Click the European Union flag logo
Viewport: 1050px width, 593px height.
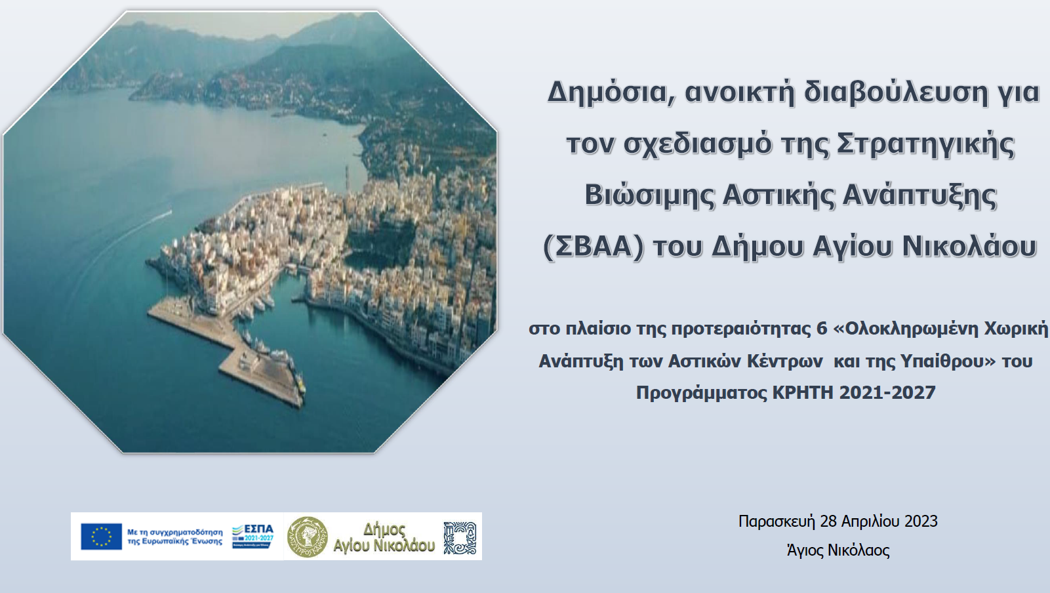(101, 536)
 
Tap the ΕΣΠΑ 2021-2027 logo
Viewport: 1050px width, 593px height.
(252, 535)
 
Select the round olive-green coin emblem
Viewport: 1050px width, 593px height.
(308, 537)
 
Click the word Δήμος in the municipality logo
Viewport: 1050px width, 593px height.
(384, 529)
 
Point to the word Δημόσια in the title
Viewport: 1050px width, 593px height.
(607, 92)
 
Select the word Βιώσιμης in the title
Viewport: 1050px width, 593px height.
(649, 195)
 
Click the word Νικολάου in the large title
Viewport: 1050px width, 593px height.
(969, 247)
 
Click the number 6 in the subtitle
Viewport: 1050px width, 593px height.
(822, 329)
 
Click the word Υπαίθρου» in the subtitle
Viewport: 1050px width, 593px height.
(948, 361)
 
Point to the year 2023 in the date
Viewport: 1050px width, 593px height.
(921, 521)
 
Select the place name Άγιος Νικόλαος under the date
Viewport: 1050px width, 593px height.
(838, 550)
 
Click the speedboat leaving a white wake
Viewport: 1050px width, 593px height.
(167, 213)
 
